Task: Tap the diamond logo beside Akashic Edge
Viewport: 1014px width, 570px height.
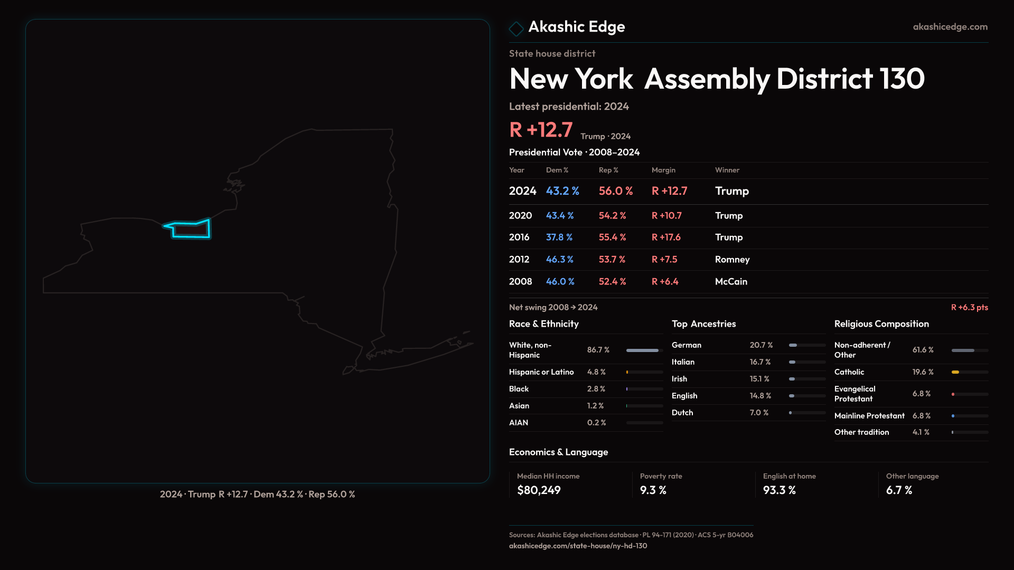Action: click(516, 28)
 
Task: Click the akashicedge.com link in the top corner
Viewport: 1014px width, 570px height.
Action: click(950, 27)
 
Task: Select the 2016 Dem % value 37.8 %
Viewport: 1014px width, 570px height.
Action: click(559, 237)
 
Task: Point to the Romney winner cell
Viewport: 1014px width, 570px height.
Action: click(732, 260)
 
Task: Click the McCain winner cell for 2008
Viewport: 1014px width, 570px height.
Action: click(731, 282)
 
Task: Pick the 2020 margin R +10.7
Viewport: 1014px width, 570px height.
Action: click(666, 216)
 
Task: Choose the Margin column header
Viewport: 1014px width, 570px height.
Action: click(663, 170)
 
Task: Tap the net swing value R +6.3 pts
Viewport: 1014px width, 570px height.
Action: click(969, 307)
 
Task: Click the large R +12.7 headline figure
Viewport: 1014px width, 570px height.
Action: click(541, 130)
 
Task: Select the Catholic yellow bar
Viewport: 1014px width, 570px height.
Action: click(955, 372)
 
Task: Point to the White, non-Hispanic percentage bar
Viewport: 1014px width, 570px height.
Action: click(642, 350)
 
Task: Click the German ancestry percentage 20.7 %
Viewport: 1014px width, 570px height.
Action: click(761, 345)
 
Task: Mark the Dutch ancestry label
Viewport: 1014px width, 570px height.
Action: click(682, 413)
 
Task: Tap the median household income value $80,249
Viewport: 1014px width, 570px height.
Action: click(539, 490)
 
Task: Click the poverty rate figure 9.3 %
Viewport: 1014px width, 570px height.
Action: click(653, 490)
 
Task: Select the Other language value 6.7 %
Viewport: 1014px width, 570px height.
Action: click(899, 490)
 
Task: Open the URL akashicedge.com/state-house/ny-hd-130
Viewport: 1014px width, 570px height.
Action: click(578, 546)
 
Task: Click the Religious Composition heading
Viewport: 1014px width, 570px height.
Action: click(881, 324)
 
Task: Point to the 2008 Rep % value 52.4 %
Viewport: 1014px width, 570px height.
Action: click(612, 282)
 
